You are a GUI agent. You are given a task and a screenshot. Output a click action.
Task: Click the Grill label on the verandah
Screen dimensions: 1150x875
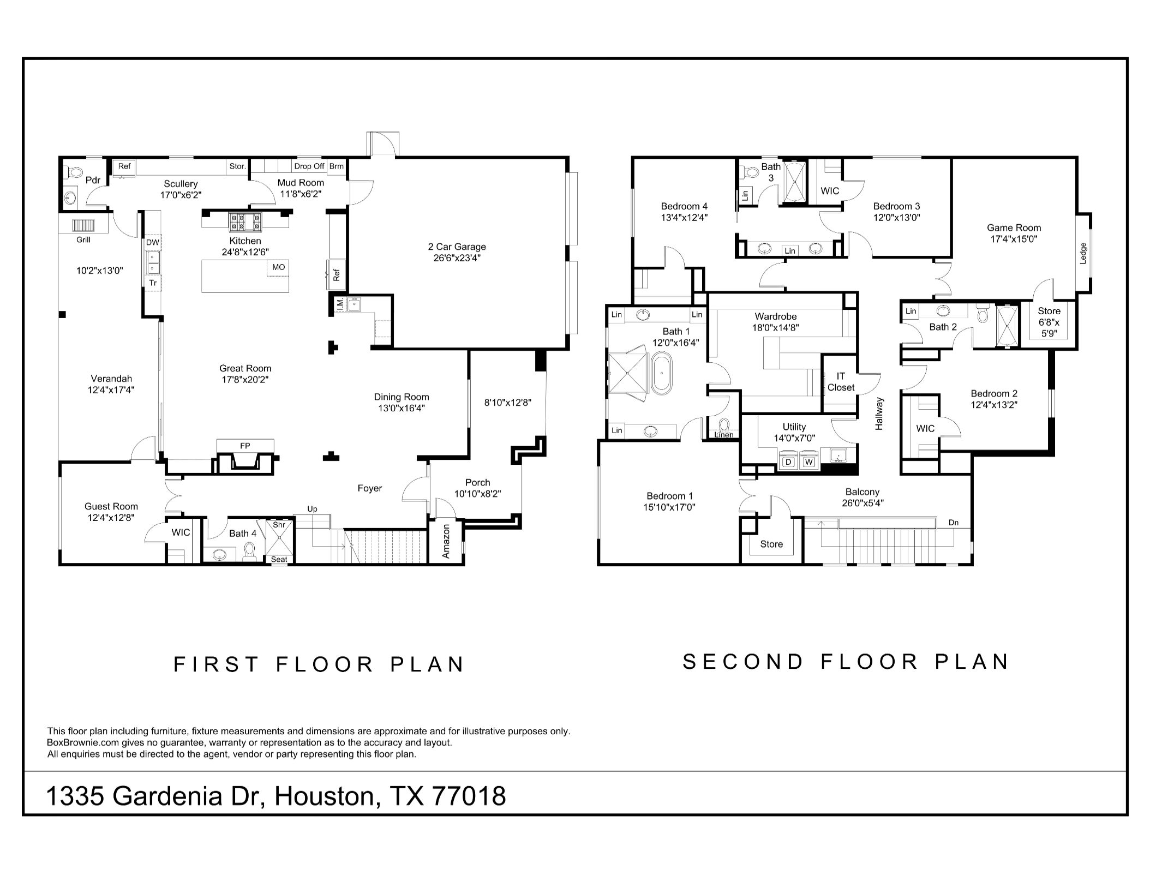tap(83, 239)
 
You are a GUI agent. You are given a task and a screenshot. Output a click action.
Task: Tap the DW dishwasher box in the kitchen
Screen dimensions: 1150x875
tap(153, 243)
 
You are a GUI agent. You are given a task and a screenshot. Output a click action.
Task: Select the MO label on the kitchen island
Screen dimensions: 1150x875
tap(278, 267)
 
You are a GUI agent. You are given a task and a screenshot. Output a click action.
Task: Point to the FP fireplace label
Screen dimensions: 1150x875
tap(245, 446)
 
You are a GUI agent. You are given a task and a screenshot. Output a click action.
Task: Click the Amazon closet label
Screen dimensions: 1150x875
tap(446, 541)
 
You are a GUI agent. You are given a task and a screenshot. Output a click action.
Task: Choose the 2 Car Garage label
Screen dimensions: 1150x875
tap(457, 247)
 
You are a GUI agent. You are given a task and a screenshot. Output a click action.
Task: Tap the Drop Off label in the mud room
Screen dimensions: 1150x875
tap(309, 166)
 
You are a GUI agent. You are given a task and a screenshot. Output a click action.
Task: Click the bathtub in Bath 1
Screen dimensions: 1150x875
tap(662, 373)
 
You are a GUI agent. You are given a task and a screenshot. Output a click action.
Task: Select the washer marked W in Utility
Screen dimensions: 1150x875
tap(809, 462)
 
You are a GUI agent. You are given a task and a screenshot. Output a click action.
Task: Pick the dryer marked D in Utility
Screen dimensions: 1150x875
tap(788, 462)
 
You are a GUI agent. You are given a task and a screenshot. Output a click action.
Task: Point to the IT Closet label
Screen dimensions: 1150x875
tap(841, 382)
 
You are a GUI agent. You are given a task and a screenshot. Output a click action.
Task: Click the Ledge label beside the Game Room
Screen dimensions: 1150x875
tap(1083, 253)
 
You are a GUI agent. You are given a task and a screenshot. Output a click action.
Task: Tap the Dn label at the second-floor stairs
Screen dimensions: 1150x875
tap(953, 523)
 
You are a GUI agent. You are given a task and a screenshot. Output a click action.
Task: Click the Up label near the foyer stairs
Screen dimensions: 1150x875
tap(312, 510)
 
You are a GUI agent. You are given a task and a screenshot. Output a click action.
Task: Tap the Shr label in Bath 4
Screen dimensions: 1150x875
tap(279, 525)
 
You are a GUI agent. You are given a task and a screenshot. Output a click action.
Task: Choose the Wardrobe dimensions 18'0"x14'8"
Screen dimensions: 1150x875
tap(776, 328)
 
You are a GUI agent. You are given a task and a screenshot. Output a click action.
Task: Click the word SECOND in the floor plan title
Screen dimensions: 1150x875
tap(743, 662)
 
